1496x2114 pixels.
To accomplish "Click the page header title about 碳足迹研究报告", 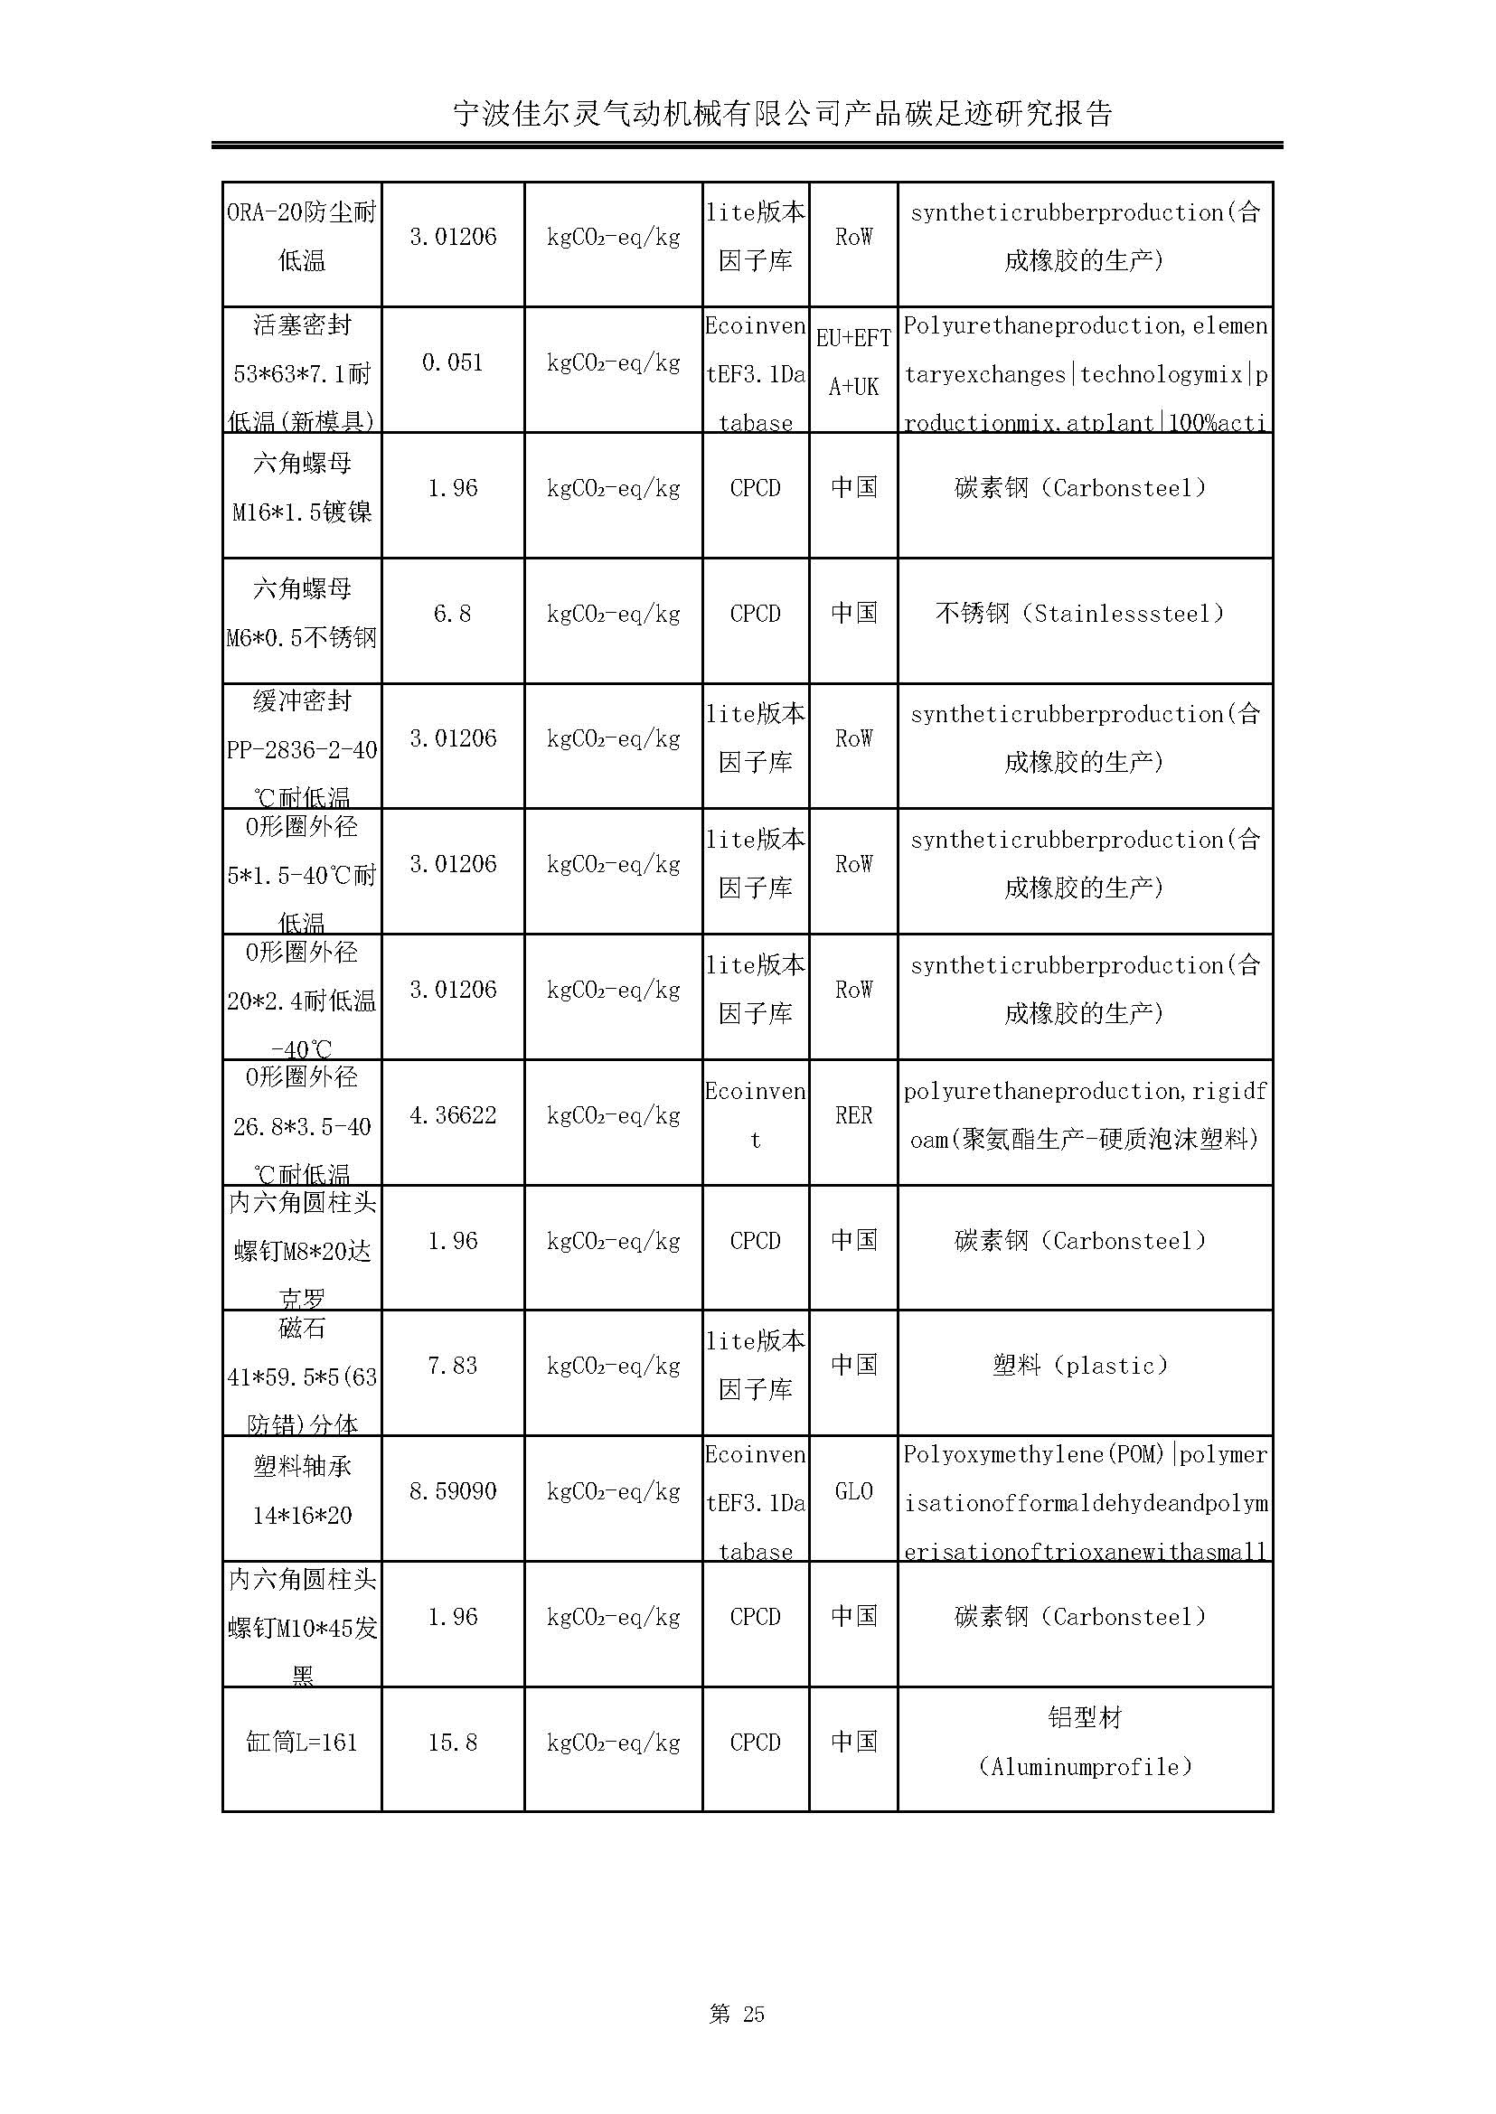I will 783,113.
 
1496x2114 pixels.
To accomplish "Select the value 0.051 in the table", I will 452,363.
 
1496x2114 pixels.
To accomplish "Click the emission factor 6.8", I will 452,614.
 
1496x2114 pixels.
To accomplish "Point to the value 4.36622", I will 452,1115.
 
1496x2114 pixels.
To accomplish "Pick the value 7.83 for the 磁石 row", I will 452,1365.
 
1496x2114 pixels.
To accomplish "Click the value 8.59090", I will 452,1491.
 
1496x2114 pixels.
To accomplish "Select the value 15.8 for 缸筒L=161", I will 452,1742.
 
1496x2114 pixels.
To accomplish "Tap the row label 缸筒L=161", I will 301,1742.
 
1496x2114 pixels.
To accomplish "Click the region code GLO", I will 853,1491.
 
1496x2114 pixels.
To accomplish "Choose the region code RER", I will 853,1115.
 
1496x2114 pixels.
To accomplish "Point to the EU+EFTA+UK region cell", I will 853,363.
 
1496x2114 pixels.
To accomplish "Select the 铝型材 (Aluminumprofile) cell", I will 1085,1742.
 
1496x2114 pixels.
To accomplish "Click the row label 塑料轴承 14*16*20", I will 301,1490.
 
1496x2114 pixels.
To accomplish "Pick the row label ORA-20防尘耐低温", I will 301,237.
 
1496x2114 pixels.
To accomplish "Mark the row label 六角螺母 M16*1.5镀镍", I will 301,487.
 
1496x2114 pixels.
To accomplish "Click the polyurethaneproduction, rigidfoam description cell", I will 1085,1115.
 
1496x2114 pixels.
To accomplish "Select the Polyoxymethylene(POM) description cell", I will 1085,1502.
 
